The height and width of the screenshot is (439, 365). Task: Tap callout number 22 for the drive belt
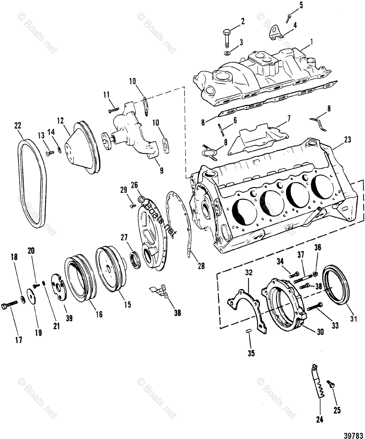click(18, 125)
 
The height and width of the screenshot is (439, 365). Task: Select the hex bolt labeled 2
click(225, 38)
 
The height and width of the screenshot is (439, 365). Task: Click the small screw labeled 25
click(331, 384)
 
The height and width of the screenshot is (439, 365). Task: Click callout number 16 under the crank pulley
click(99, 314)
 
